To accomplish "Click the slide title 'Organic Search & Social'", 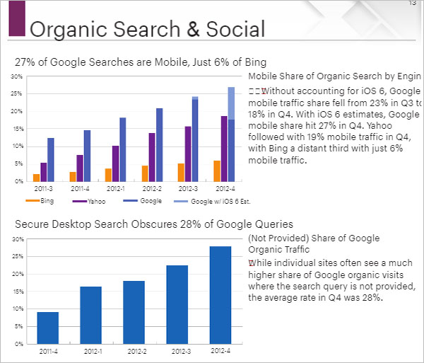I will click(147, 29).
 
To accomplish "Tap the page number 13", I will click(413, 4).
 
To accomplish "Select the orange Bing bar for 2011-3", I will click(36, 177).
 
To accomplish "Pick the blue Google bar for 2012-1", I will click(123, 149).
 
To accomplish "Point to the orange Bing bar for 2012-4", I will click(216, 171).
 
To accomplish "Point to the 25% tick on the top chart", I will click(17, 93).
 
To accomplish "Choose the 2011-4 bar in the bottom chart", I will click(47, 328).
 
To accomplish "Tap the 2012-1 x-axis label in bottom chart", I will click(90, 351).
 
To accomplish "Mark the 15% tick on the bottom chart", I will click(17, 292).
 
